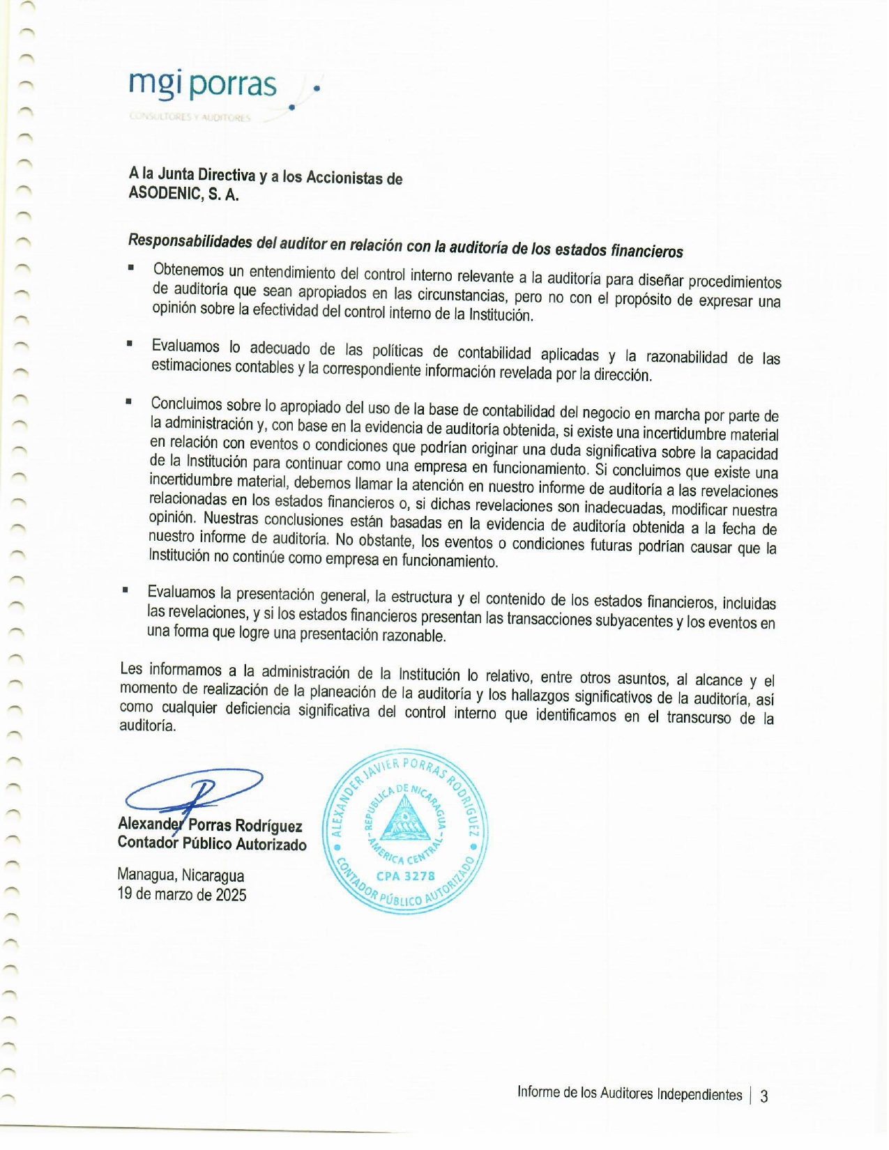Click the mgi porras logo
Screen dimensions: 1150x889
pyautogui.click(x=203, y=85)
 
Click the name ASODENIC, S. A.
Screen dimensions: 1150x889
pyautogui.click(x=183, y=194)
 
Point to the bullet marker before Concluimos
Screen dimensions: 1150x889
pyautogui.click(x=128, y=401)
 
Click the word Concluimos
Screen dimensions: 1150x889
pyautogui.click(x=185, y=404)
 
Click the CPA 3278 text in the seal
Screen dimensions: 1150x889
pyautogui.click(x=405, y=876)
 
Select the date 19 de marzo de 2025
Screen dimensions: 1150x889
pyautogui.click(x=182, y=895)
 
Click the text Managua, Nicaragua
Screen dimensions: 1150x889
pyautogui.click(x=181, y=875)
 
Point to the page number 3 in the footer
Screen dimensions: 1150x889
pyautogui.click(x=764, y=1096)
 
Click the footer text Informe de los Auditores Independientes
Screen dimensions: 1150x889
pyautogui.click(x=629, y=1094)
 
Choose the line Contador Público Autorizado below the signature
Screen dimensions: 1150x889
pyautogui.click(x=212, y=844)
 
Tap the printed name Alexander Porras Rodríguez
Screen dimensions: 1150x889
pyautogui.click(x=210, y=825)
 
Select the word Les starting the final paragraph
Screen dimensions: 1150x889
pyautogui.click(x=131, y=668)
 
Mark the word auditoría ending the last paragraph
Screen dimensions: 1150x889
pyautogui.click(x=147, y=726)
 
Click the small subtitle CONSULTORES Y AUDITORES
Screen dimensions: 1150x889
pyautogui.click(x=190, y=118)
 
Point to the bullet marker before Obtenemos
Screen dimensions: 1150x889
pyautogui.click(x=130, y=267)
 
